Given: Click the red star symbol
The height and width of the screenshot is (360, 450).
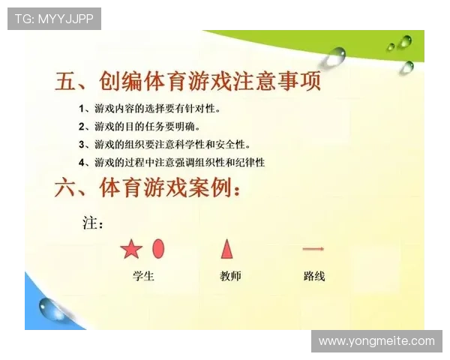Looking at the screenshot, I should click(x=131, y=249).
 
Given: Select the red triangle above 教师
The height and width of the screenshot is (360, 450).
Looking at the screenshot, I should click(x=226, y=248).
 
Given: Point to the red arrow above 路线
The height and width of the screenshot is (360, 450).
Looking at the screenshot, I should click(x=313, y=248).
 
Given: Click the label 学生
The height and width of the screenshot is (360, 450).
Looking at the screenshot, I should click(x=142, y=276).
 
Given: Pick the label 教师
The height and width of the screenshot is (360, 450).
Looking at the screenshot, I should click(x=230, y=276).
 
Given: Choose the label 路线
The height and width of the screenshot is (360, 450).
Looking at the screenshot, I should click(x=314, y=276).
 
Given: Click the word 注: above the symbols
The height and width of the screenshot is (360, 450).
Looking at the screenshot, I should click(x=92, y=223).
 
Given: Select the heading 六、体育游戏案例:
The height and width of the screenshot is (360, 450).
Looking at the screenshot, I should click(x=148, y=188).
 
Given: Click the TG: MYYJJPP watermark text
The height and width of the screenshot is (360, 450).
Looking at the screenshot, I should click(x=54, y=19).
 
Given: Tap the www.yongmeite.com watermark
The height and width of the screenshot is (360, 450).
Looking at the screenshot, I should click(x=376, y=341).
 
